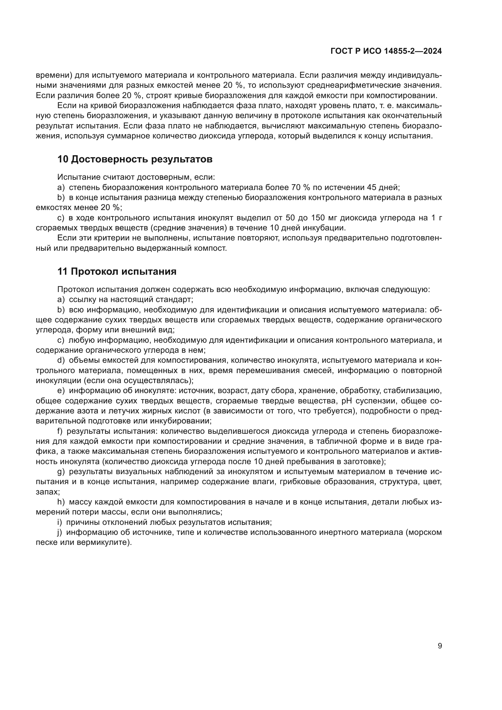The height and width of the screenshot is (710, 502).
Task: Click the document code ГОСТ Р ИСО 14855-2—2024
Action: click(x=386, y=51)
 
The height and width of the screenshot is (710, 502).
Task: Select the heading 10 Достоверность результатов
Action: click(x=135, y=159)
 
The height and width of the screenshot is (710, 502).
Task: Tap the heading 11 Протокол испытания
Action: click(x=117, y=271)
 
